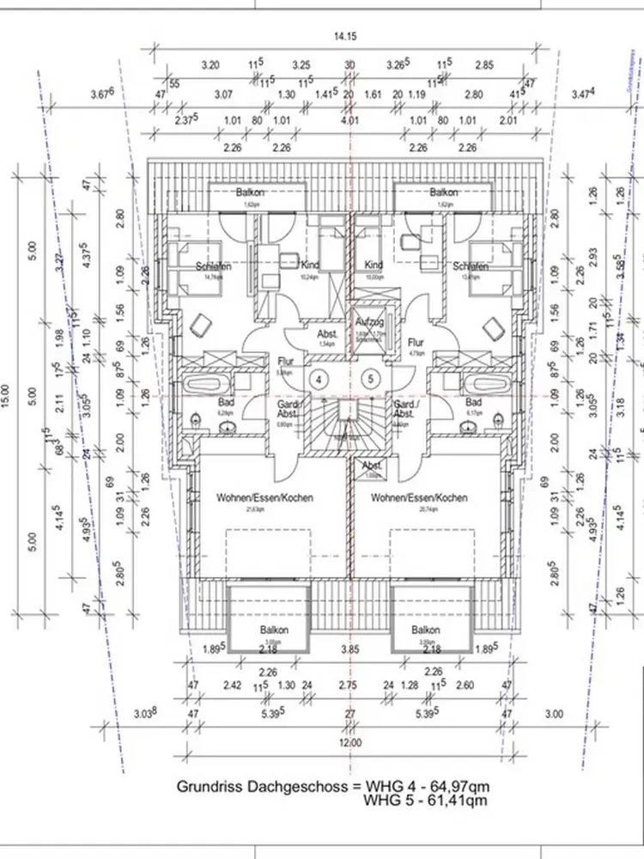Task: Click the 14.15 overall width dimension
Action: [349, 36]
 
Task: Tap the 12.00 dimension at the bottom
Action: [349, 743]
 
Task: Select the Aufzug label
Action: [369, 321]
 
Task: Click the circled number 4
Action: [319, 378]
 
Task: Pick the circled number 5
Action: [372, 378]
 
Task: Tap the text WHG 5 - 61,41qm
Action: [426, 801]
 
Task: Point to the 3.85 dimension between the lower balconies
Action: [349, 650]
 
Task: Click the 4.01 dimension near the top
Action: [349, 121]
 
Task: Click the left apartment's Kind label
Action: [312, 265]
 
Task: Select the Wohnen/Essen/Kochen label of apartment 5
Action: [419, 497]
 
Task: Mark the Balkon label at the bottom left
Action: [275, 630]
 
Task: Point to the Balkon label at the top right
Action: [443, 192]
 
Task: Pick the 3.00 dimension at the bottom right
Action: [555, 713]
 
